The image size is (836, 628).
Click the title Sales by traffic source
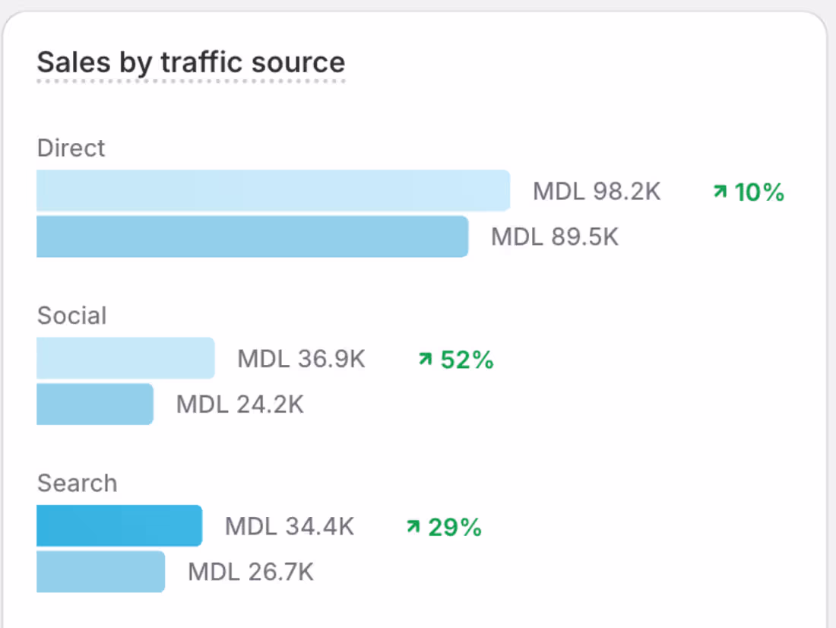tap(191, 62)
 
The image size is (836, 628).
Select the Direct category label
tap(71, 148)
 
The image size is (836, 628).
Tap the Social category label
tap(71, 316)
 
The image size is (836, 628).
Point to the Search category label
tap(77, 483)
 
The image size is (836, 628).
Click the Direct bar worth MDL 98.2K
tap(273, 191)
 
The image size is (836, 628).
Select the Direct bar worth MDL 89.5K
tap(252, 236)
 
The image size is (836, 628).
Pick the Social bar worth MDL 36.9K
tap(125, 358)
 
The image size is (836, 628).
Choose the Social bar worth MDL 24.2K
tap(95, 404)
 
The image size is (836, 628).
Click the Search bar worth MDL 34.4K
tap(119, 525)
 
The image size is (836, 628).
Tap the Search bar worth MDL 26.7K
tap(100, 571)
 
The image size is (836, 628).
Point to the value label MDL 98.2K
tap(597, 192)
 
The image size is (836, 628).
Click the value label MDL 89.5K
tap(555, 237)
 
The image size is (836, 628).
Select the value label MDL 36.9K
tap(301, 359)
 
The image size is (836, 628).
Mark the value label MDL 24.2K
tap(239, 404)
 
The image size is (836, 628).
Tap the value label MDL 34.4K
tap(289, 526)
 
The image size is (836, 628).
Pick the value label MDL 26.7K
tap(251, 572)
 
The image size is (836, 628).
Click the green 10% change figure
tap(749, 192)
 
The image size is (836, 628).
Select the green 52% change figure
tap(457, 360)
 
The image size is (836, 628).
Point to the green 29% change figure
tap(445, 527)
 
